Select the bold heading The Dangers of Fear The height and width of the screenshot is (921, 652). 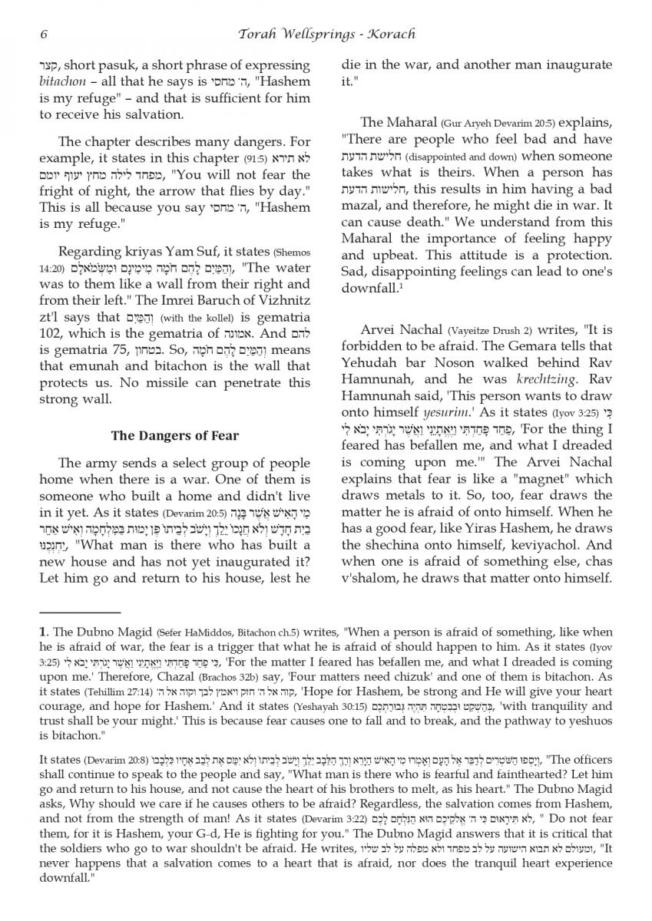175,435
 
